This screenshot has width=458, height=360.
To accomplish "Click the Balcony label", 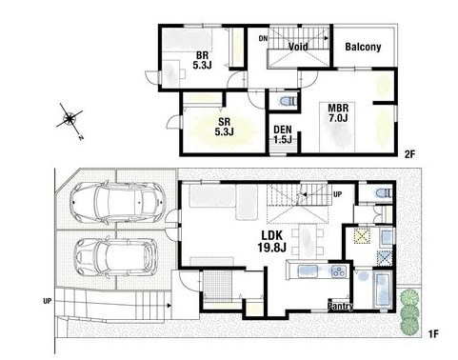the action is click(363, 47).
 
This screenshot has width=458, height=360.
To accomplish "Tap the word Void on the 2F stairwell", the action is click(298, 47).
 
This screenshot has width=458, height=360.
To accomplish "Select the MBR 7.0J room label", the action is click(338, 112).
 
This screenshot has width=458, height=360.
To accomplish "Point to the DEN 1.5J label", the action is click(283, 134).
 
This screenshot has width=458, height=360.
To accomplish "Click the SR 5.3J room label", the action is click(224, 127).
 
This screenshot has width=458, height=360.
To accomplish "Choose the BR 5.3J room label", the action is click(202, 60).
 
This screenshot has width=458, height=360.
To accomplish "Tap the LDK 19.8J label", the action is click(272, 241).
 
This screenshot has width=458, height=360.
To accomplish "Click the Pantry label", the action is click(340, 307).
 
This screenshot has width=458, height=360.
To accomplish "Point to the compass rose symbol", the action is click(70, 119).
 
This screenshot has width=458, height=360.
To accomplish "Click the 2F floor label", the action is click(409, 154).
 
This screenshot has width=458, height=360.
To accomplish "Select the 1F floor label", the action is click(433, 334).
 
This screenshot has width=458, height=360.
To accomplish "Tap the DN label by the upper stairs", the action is click(263, 39).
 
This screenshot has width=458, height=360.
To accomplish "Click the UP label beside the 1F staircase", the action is click(338, 194).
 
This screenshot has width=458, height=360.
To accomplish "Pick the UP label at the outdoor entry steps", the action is click(48, 301).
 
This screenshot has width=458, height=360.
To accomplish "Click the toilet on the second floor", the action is click(289, 101).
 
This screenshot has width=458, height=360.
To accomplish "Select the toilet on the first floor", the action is click(384, 193).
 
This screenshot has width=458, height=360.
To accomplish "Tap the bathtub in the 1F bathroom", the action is click(383, 289).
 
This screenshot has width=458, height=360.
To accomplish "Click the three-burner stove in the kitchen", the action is click(340, 271).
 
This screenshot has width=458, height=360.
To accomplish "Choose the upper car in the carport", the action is click(118, 201).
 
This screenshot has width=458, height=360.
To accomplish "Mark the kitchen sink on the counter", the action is click(308, 271).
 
